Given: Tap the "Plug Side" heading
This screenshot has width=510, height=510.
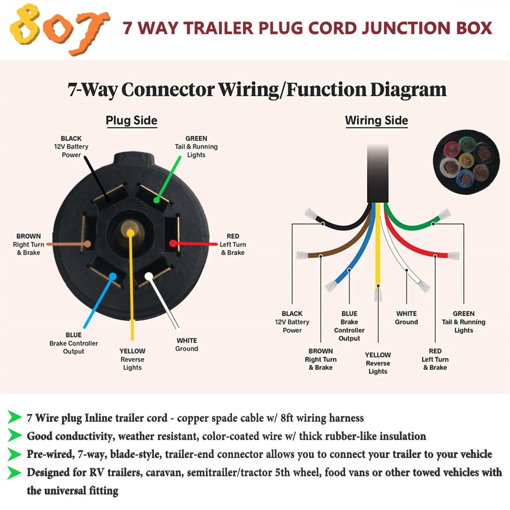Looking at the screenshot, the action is (131, 121).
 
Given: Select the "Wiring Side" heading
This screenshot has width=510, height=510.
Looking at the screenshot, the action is (377, 121).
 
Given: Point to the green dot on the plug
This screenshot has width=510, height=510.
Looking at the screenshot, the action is (156, 200).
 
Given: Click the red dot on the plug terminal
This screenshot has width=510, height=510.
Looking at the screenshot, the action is (173, 243).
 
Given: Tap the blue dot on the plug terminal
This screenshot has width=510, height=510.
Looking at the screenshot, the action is (113, 276).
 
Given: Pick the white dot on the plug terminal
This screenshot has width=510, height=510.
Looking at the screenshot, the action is (148, 276).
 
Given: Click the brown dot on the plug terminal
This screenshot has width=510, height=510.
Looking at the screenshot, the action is (88, 244).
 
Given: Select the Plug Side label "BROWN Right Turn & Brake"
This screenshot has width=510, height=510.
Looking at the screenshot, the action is (28, 244).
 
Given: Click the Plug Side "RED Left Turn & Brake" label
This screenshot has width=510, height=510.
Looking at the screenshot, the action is (233, 244).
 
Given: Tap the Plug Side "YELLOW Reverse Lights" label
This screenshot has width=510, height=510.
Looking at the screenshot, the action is (132, 359).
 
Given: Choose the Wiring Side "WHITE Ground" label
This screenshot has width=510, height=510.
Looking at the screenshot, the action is (406, 318).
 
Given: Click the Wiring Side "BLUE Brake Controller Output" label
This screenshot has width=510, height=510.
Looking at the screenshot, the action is (349, 326).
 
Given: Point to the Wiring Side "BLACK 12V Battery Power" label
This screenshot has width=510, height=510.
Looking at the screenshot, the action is (292, 322).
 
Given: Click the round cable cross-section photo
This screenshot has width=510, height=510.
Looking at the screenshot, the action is (466, 162).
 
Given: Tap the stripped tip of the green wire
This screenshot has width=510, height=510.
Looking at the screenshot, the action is (444, 214).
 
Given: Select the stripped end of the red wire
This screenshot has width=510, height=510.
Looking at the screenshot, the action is (454, 255).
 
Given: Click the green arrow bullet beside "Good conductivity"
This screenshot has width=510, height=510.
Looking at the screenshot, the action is (14, 435).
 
